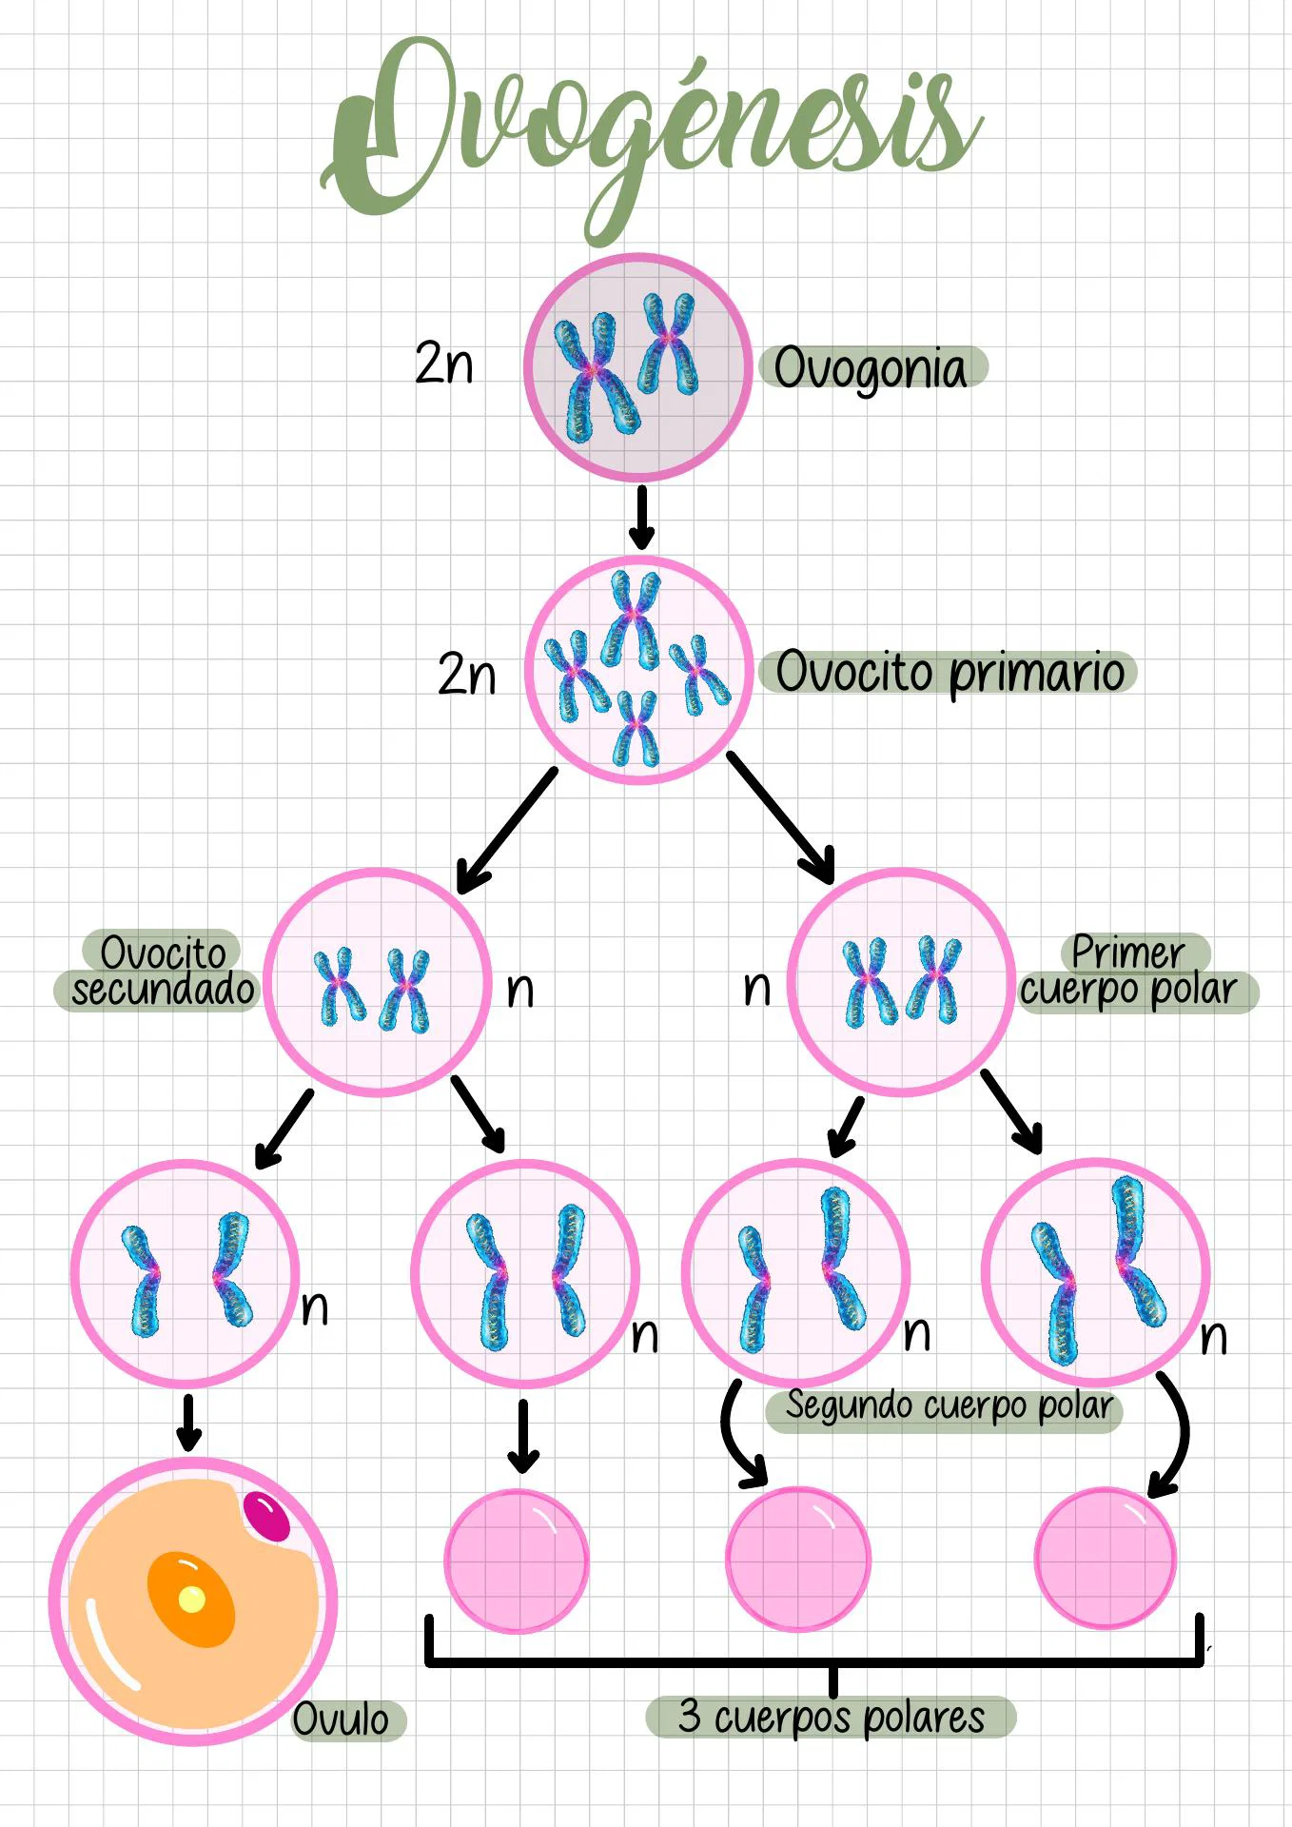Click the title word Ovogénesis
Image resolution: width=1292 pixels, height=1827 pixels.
click(652, 133)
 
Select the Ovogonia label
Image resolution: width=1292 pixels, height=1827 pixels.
click(871, 369)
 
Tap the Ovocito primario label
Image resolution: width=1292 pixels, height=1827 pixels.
click(949, 673)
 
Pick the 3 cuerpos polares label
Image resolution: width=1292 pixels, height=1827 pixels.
click(831, 1718)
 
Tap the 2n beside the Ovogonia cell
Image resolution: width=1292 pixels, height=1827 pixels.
click(443, 363)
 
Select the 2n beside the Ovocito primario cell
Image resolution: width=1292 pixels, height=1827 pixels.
click(466, 674)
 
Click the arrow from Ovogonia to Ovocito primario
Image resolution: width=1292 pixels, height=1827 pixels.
click(641, 518)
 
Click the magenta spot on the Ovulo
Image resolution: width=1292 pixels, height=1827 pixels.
click(266, 1517)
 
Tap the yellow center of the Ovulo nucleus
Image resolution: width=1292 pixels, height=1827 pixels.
click(191, 1599)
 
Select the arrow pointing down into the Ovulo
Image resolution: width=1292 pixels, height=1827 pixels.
click(188, 1424)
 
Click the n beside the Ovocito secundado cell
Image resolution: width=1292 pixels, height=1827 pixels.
click(519, 990)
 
